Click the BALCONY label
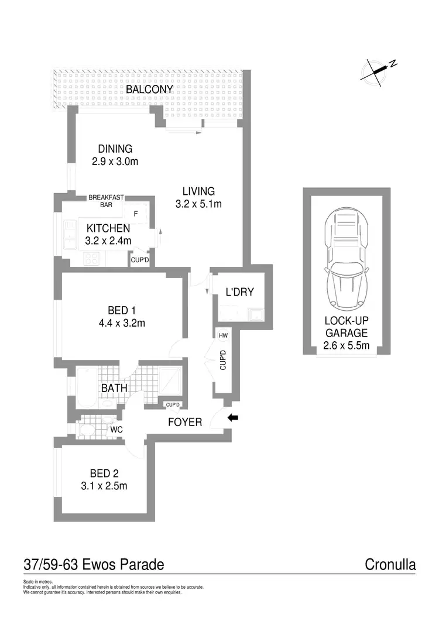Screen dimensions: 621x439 [x=150, y=89]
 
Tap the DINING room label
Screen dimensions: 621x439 [x=115, y=149]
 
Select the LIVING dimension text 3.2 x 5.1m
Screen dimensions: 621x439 [x=198, y=204]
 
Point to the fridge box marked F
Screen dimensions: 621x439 [x=136, y=214]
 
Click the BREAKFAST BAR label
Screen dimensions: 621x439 [x=106, y=201]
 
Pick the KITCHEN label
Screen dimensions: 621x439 [x=108, y=228]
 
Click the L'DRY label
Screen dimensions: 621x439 [x=239, y=291]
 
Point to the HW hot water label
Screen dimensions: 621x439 [x=223, y=336]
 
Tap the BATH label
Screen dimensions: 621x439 [x=115, y=387]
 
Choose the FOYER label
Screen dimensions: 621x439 [x=185, y=422]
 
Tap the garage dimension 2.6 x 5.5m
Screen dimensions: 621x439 [x=347, y=345]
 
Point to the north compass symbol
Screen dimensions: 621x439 [x=378, y=69]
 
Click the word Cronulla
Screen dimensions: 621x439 [x=390, y=565]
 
